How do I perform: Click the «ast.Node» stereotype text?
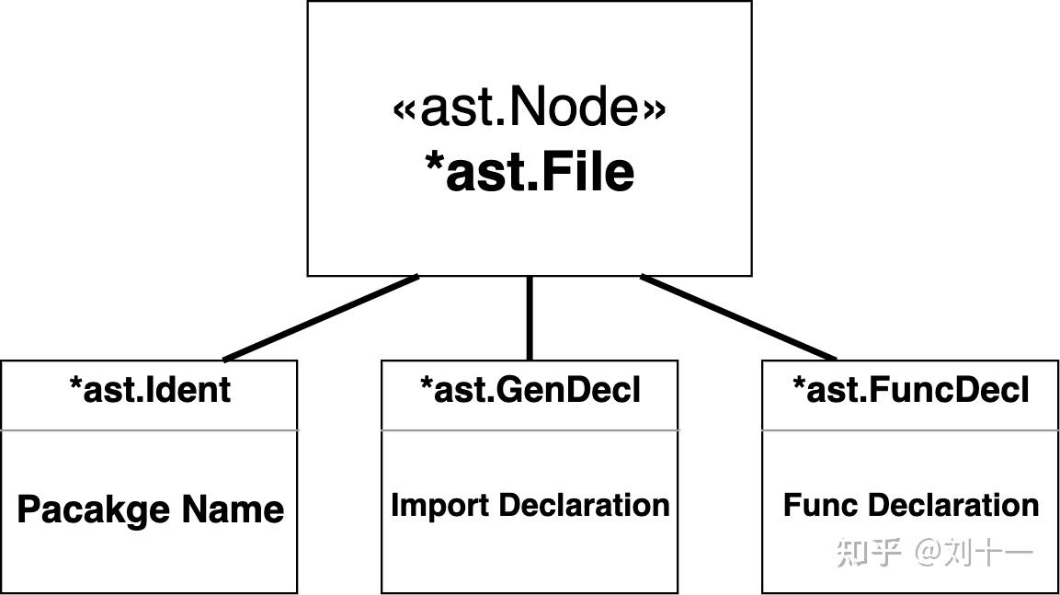coord(529,108)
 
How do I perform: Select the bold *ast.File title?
coord(529,172)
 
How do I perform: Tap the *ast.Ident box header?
coord(150,391)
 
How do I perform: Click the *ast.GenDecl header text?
coord(530,391)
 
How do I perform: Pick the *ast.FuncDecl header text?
coord(910,391)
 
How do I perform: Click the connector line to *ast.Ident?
coord(321,317)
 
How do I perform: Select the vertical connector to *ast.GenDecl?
coord(530,317)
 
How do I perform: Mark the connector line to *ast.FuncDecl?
coord(738,317)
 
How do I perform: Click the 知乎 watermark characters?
coord(868,553)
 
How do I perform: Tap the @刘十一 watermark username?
coord(975,553)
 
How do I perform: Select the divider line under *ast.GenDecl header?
coord(530,429)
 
